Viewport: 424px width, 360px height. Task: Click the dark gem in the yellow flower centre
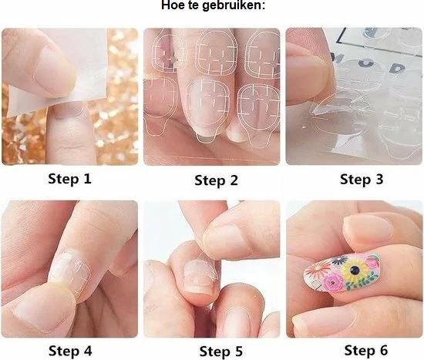[352, 271]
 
